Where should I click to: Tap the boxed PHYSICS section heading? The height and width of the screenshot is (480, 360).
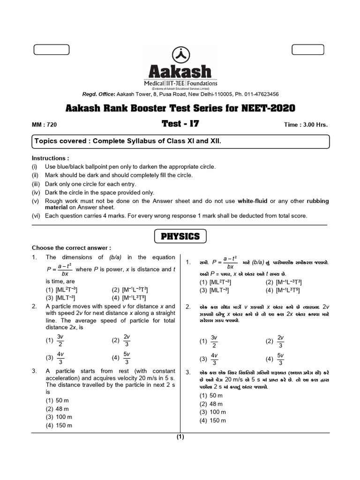tap(180, 236)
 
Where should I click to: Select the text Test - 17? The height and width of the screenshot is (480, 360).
tap(180, 124)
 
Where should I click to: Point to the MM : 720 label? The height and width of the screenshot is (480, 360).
tap(44, 125)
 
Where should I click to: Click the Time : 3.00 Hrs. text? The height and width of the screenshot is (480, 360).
tap(306, 125)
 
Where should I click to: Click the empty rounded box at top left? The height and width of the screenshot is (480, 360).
tap(52, 50)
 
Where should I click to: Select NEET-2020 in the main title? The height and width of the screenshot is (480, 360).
tap(268, 108)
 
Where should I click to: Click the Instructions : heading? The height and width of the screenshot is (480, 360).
tap(50, 158)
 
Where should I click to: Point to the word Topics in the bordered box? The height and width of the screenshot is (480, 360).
tap(45, 141)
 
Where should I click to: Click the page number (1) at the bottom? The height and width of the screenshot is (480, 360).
tap(180, 437)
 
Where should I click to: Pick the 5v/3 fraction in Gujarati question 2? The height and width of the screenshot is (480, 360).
tap(280, 359)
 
